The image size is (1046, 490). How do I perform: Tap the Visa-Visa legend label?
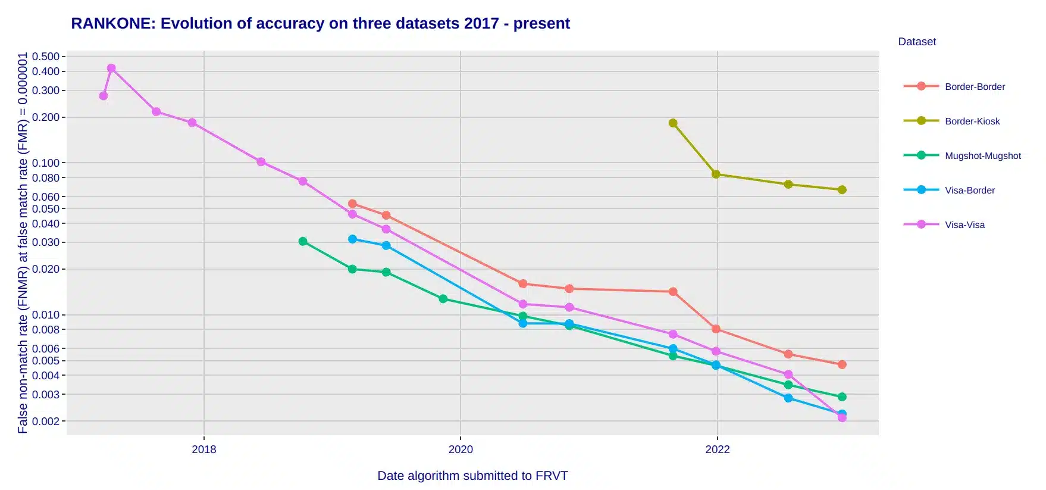click(964, 224)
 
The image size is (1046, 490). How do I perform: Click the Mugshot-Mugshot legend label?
click(982, 155)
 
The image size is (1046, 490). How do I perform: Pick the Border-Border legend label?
click(975, 86)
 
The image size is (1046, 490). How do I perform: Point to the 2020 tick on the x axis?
click(461, 450)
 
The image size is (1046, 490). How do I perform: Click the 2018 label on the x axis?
click(204, 450)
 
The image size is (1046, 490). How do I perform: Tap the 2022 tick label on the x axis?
click(717, 450)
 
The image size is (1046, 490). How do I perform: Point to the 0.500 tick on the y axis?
click(46, 57)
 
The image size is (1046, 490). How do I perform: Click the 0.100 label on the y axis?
click(46, 163)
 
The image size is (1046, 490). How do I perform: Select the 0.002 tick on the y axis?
click(46, 421)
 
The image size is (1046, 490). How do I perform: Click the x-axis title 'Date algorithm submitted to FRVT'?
click(472, 476)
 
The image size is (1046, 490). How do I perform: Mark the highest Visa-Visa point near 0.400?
click(111, 68)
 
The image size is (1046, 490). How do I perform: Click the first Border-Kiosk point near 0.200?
click(673, 123)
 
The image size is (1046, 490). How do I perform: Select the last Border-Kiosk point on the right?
click(842, 190)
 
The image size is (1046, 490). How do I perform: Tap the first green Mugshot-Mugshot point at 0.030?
click(303, 241)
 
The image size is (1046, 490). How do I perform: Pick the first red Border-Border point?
click(352, 204)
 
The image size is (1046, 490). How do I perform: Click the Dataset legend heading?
click(917, 42)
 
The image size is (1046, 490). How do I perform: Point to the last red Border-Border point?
click(842, 364)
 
